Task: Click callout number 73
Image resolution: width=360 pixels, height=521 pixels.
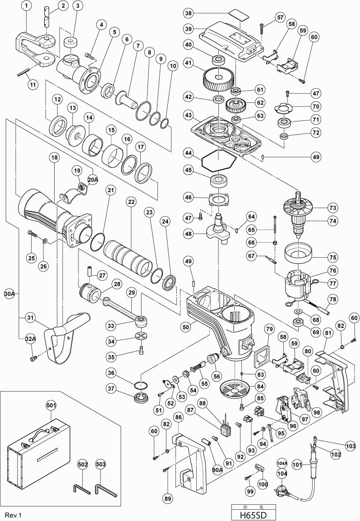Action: point(333,208)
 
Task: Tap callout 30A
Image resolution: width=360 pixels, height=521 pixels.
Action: point(9,294)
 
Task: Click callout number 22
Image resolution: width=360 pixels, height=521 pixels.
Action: point(131,203)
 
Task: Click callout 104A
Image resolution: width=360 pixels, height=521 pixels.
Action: point(282,463)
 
